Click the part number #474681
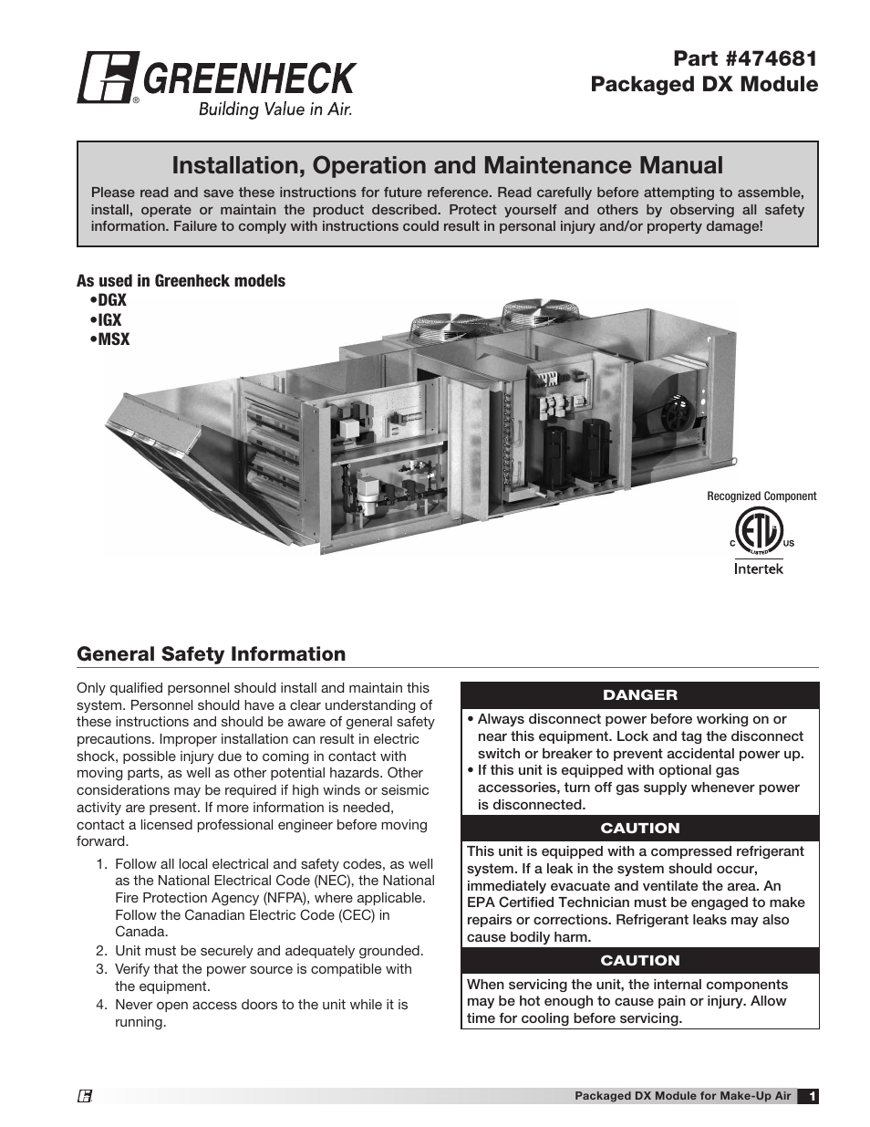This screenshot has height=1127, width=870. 745,58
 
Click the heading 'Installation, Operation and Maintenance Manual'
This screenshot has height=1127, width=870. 447,165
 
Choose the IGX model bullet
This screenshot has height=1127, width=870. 107,319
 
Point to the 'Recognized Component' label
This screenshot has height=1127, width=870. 761,496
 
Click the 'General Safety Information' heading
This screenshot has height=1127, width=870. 211,654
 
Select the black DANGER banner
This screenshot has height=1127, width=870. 639,695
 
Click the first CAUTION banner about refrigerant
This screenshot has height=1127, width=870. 639,828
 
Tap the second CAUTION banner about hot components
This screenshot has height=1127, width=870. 639,960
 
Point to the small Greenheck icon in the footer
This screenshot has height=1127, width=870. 85,1097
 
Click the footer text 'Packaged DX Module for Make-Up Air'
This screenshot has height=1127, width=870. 682,1096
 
